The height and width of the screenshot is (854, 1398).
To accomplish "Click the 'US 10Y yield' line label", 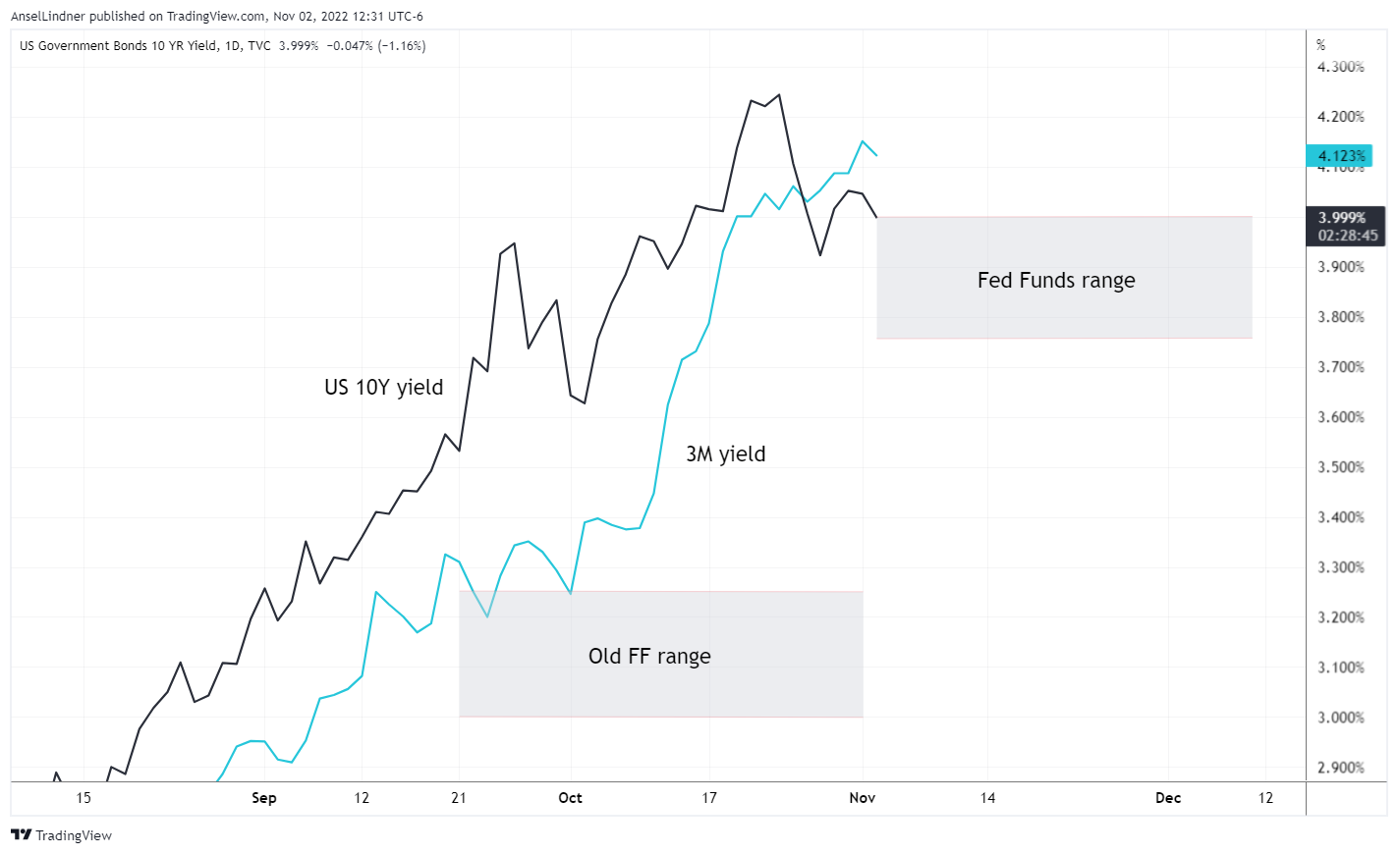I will click(383, 387).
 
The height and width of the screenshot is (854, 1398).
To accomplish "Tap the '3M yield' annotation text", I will click(725, 454).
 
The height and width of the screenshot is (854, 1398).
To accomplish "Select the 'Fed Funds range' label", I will click(1056, 281).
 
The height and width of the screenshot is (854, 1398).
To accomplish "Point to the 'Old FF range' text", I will click(649, 656).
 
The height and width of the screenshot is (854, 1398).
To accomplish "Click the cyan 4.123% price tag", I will click(1340, 156).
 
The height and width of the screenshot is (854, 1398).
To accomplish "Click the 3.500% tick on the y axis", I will click(1340, 467).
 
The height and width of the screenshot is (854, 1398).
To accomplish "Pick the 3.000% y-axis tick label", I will click(1340, 718).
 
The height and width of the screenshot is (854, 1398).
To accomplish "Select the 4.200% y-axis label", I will click(1340, 117).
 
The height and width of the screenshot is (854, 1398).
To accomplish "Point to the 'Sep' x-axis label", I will click(264, 798).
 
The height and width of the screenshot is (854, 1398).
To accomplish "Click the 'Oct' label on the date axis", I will click(570, 798).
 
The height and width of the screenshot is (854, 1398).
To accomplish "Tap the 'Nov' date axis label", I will click(862, 798).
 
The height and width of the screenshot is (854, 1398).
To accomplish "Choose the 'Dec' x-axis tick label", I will click(1168, 798).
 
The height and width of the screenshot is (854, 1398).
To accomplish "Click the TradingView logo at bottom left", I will click(62, 835).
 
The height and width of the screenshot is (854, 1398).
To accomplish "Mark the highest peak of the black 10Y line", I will click(779, 95).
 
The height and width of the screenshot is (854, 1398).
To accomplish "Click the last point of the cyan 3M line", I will click(876, 155).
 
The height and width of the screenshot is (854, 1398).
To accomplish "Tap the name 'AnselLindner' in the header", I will click(48, 17).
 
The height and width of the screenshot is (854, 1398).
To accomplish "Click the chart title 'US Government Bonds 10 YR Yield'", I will click(118, 46).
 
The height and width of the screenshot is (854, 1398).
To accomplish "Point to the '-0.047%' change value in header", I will click(349, 46).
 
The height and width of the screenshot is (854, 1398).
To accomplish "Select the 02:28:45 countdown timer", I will click(1348, 236).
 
